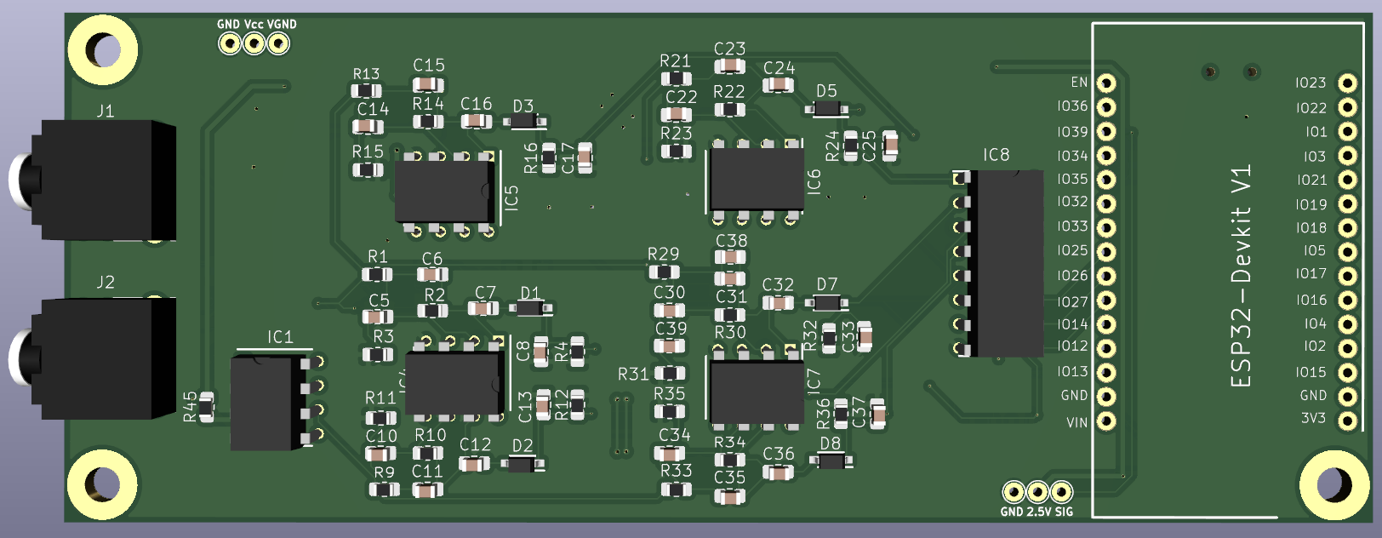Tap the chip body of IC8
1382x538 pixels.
pyautogui.click(x=1008, y=263)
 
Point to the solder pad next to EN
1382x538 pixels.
pyautogui.click(x=1105, y=83)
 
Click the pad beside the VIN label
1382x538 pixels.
pyautogui.click(x=1105, y=421)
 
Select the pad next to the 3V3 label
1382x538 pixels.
pyautogui.click(x=1346, y=420)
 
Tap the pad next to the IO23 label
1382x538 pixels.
pyautogui.click(x=1346, y=83)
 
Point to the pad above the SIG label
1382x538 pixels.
pyautogui.click(x=1061, y=492)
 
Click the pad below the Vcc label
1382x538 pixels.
pyautogui.click(x=254, y=43)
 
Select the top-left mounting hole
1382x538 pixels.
pyautogui.click(x=103, y=50)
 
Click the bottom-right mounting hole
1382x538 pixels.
pyautogui.click(x=1333, y=484)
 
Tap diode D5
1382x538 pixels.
pyautogui.click(x=827, y=109)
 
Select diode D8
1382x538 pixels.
pyautogui.click(x=831, y=461)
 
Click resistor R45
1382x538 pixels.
pyautogui.click(x=206, y=406)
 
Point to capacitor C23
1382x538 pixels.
pyautogui.click(x=729, y=66)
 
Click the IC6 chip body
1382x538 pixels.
pyautogui.click(x=757, y=180)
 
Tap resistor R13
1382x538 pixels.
pyautogui.click(x=367, y=91)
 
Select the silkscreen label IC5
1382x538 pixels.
pyautogui.click(x=511, y=198)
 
